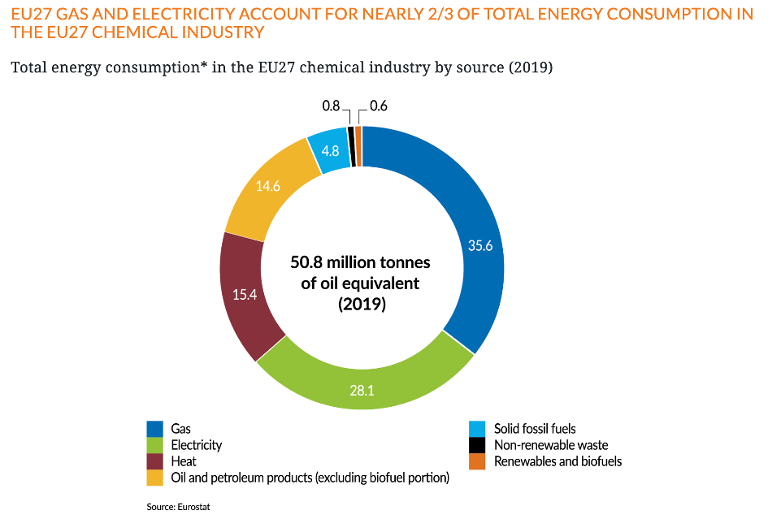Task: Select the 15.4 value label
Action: click(244, 295)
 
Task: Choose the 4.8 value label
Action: click(331, 151)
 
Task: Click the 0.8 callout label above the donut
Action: click(331, 106)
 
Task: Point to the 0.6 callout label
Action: click(379, 106)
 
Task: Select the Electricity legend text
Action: click(197, 445)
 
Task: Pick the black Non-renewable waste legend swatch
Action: click(479, 445)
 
